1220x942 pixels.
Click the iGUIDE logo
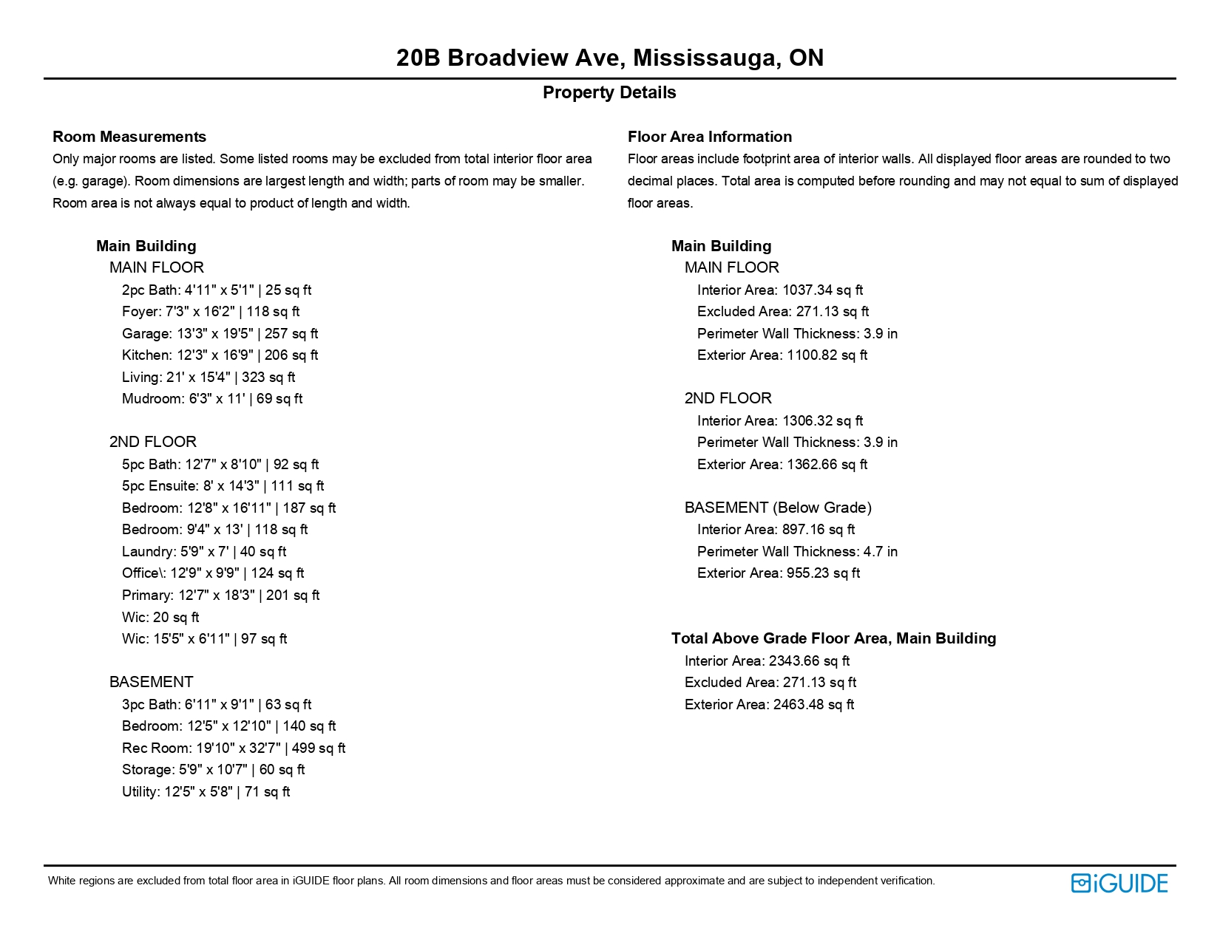coord(1119,883)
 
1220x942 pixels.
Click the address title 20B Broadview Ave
coord(609,58)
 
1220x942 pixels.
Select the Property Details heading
coord(609,92)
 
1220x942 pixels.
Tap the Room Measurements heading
coord(129,137)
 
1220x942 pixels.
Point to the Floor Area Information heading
coord(709,137)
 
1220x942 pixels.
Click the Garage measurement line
coord(220,334)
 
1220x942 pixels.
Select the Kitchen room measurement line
coord(220,355)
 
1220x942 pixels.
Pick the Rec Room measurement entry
coord(234,748)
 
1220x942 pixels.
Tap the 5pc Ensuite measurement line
coord(223,486)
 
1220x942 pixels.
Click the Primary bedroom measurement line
coord(220,595)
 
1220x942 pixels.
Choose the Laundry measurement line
coord(204,552)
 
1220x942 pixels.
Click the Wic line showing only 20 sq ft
coord(160,618)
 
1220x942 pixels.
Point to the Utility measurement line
coord(206,792)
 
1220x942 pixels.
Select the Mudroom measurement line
coord(212,399)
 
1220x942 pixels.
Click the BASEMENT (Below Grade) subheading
coord(778,508)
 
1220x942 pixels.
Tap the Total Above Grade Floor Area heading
coord(833,638)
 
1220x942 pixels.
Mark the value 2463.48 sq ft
coord(813,705)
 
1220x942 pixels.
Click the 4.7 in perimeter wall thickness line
coord(797,552)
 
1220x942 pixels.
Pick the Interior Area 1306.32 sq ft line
coord(779,421)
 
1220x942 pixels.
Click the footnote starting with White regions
coord(491,881)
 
